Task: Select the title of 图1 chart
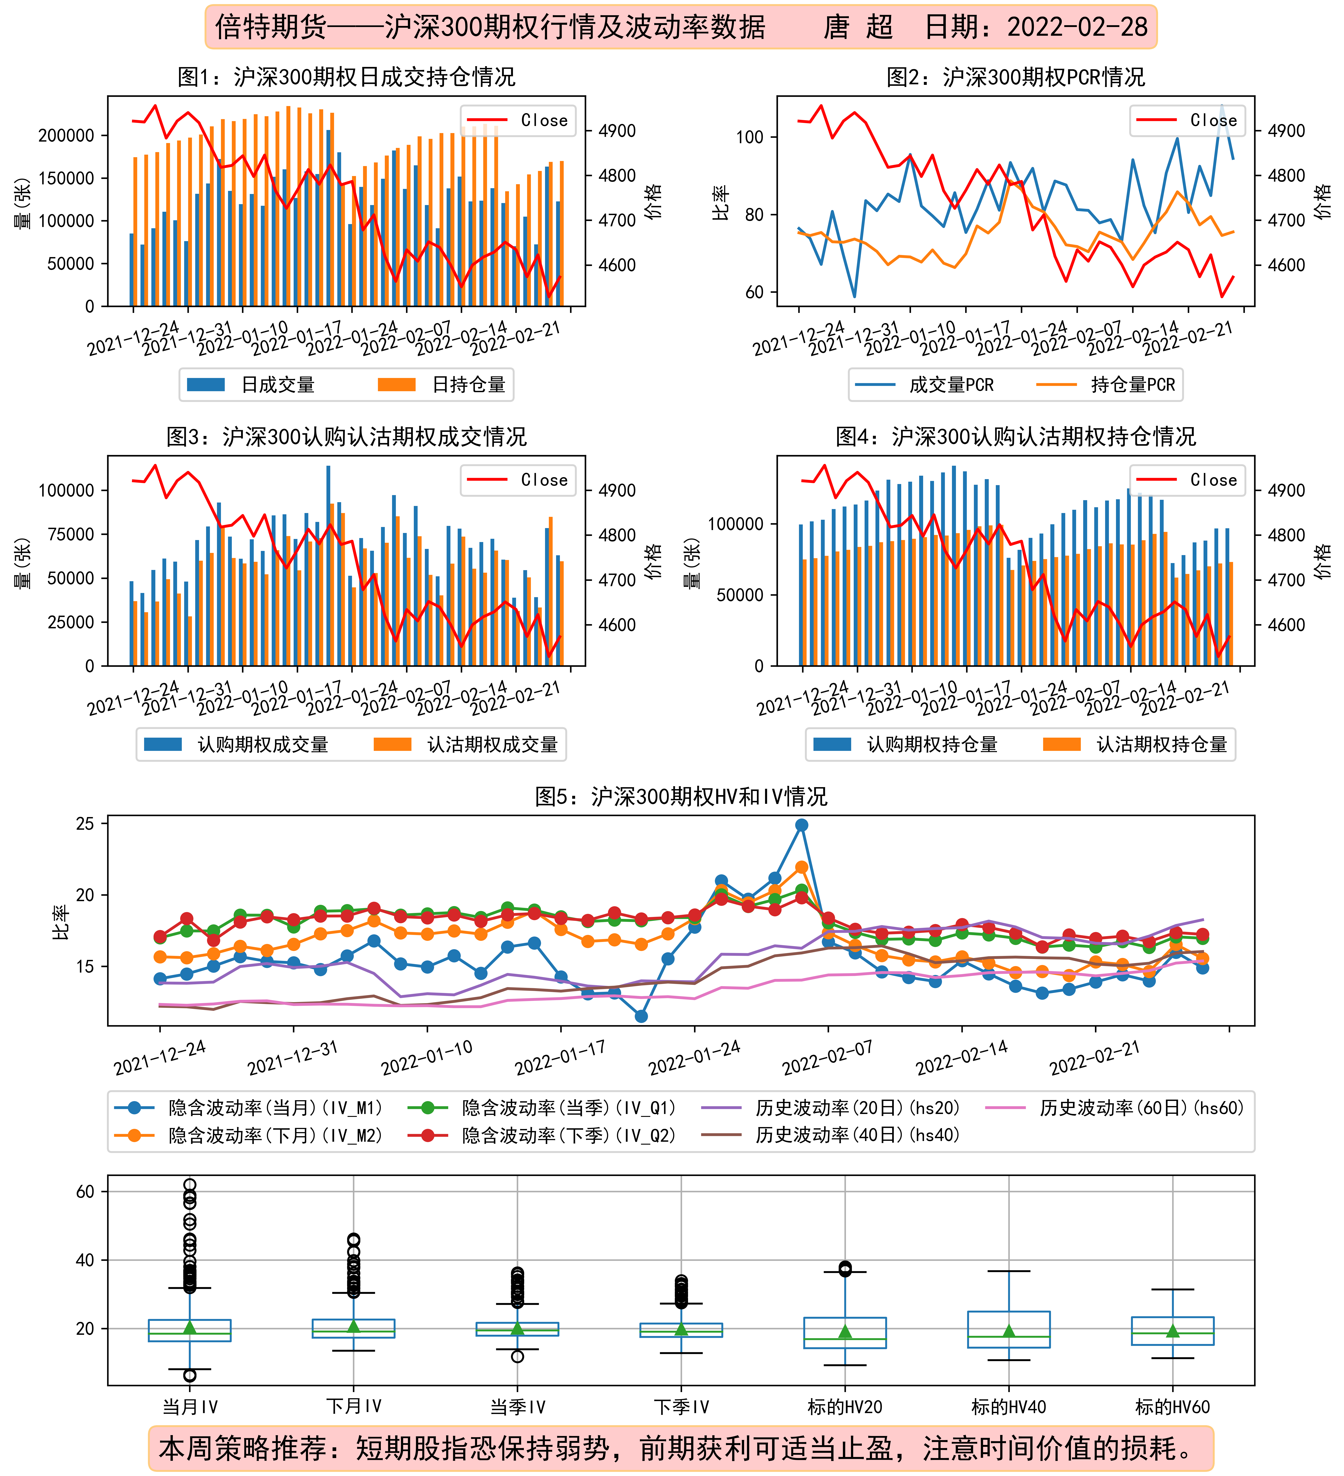(x=346, y=77)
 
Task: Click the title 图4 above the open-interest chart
(x=1016, y=437)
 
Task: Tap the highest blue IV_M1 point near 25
(x=802, y=825)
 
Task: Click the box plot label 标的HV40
(x=1009, y=1407)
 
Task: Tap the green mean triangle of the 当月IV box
(x=190, y=1327)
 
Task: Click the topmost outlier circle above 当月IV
(x=190, y=1185)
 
